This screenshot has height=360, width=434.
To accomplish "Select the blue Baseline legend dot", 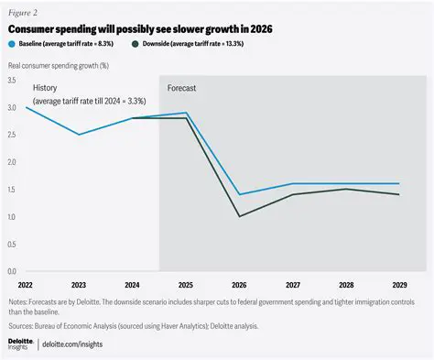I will coord(11,44).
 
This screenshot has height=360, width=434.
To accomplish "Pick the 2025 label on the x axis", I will coord(186,285).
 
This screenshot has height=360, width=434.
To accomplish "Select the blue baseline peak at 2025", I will coord(186,113).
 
